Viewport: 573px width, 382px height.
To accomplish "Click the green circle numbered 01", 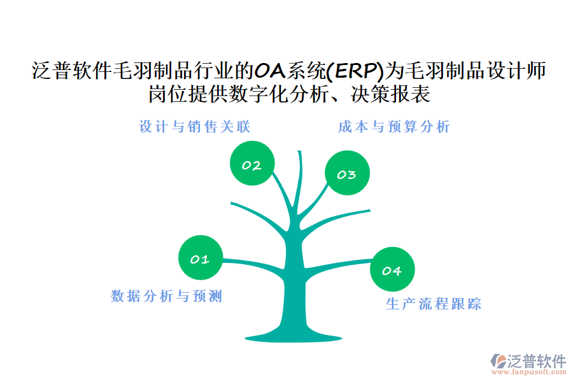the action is pyautogui.click(x=201, y=257).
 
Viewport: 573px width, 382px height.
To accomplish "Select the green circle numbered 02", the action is pyautogui.click(x=252, y=163).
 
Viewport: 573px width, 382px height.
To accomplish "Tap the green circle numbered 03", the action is pyautogui.click(x=347, y=173).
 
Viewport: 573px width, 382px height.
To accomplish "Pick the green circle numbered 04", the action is pyautogui.click(x=392, y=269).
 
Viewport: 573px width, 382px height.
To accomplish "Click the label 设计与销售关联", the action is pyautogui.click(x=195, y=127).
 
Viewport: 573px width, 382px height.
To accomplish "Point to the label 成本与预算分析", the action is pyautogui.click(x=394, y=127).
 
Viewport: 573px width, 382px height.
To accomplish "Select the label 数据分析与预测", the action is pyautogui.click(x=167, y=295).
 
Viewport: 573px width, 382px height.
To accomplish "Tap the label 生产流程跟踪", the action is pyautogui.click(x=434, y=304).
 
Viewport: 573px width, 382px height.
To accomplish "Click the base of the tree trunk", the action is pyautogui.click(x=294, y=337).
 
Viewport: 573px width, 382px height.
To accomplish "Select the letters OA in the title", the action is pyautogui.click(x=270, y=71).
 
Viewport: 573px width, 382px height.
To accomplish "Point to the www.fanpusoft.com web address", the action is pyautogui.click(x=529, y=372).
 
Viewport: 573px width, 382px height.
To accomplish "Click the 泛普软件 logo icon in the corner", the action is pyautogui.click(x=498, y=361).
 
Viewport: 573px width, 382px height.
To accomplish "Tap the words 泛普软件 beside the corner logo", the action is pyautogui.click(x=537, y=361).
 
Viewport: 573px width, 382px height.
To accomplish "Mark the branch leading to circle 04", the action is pyautogui.click(x=339, y=264).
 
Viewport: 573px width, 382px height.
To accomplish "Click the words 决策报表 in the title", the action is pyautogui.click(x=390, y=94).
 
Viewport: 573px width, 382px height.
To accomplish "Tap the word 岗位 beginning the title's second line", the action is pyautogui.click(x=167, y=94).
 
